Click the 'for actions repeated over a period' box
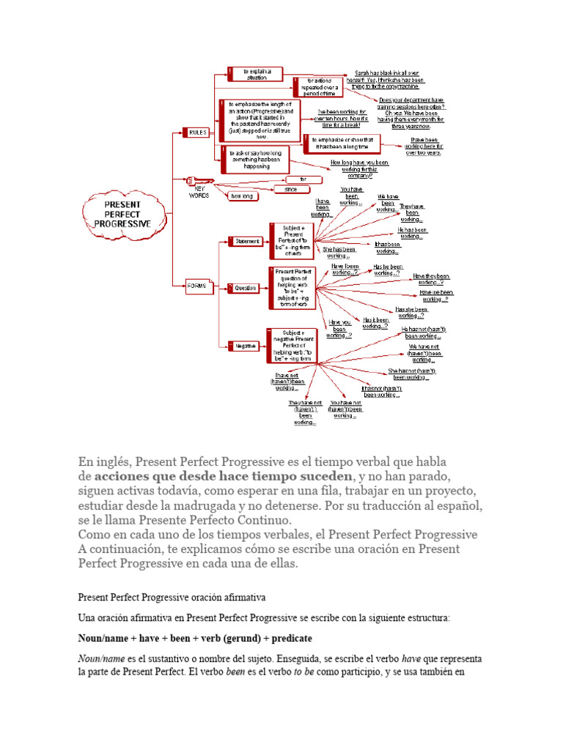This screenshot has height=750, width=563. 320,86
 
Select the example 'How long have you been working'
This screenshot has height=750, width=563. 359,168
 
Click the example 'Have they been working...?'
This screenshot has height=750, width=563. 431,278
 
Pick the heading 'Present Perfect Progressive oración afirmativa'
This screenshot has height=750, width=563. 172,598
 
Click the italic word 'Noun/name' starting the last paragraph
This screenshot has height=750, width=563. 101,658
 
